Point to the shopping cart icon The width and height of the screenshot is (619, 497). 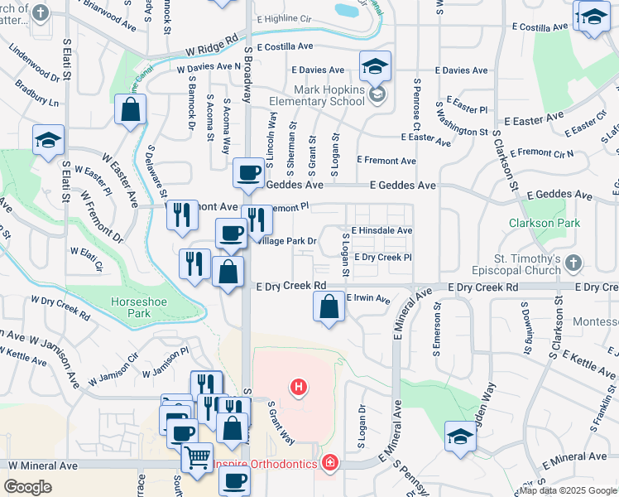tap(196, 456)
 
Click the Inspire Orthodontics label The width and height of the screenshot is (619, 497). tap(265, 464)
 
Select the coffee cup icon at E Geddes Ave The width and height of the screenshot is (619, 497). tap(248, 172)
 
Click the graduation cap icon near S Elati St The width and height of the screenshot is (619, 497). tap(48, 139)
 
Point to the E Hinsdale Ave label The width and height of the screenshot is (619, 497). tap(381, 231)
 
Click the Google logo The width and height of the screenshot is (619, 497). tap(27, 487)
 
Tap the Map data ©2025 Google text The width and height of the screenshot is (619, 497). tap(567, 490)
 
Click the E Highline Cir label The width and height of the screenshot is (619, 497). tap(286, 18)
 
